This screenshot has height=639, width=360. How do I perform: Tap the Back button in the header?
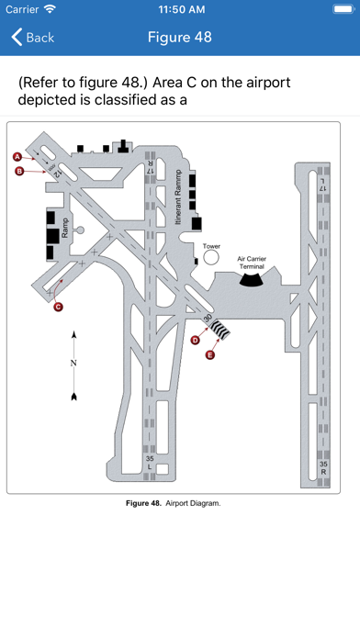pos(33,37)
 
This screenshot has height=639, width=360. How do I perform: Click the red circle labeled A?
pos(17,156)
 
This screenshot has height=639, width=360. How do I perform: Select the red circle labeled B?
pos(19,171)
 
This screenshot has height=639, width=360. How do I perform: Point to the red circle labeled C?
pos(58,307)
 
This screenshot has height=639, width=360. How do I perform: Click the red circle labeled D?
pos(196,340)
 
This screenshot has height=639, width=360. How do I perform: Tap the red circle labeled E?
pos(210,355)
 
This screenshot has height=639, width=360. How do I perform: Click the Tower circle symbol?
pos(211,257)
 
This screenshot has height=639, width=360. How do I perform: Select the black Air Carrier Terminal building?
pos(251,279)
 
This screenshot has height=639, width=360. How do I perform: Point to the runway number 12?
pos(58,173)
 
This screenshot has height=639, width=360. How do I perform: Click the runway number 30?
pos(208,318)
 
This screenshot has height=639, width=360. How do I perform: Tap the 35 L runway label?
pos(150,463)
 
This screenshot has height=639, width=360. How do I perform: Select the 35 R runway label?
pos(323,468)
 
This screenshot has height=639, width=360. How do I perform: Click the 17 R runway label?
pos(150,167)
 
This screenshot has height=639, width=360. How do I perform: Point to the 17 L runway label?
pos(323,185)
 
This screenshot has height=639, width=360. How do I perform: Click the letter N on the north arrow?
pos(73,363)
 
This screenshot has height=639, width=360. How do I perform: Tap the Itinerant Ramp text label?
pos(178,197)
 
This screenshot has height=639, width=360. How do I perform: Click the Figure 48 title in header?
pos(180,37)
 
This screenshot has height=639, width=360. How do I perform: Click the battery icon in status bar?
pos(343,9)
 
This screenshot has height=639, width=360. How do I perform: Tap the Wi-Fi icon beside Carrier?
pos(50,9)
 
